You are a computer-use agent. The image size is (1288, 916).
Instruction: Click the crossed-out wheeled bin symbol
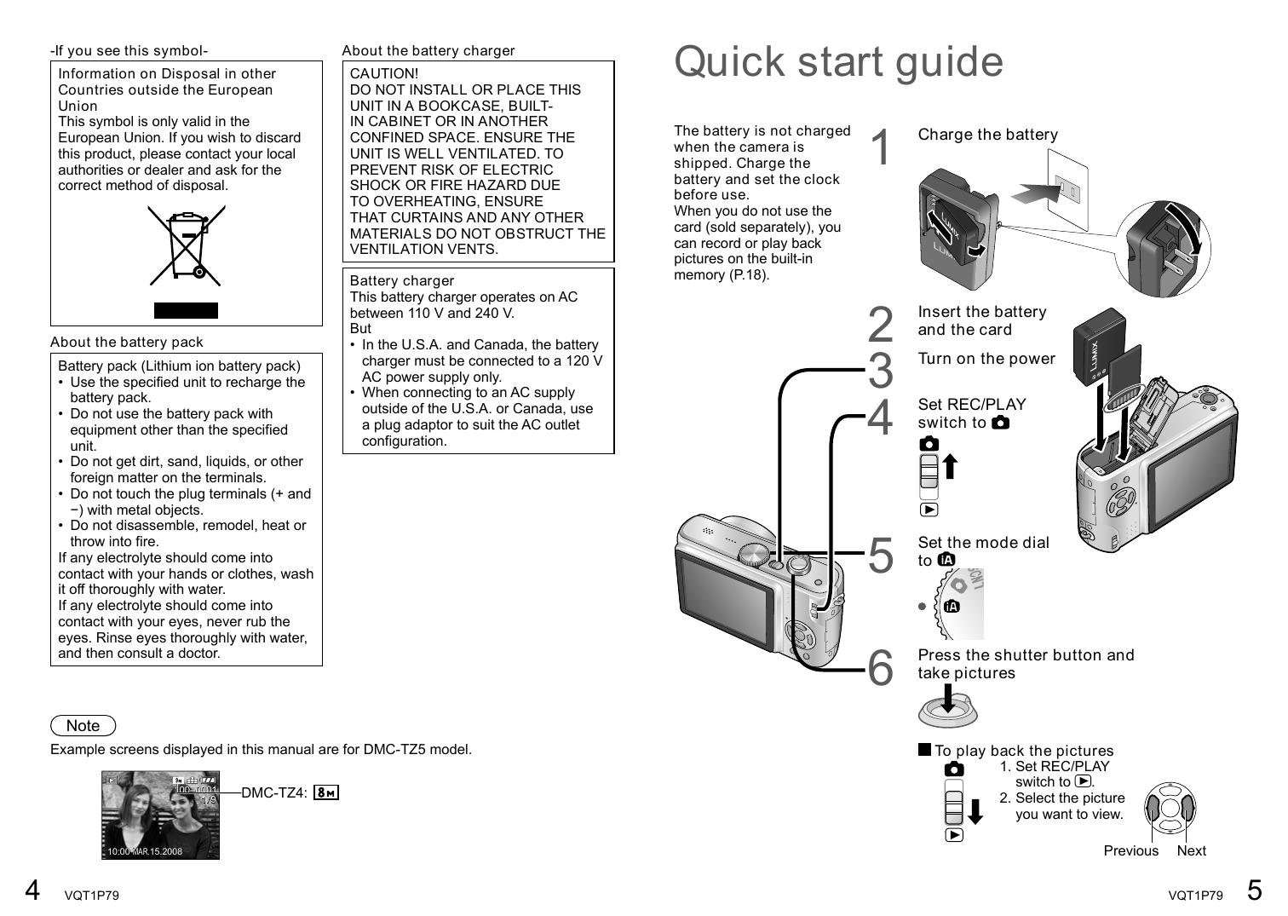tap(186, 247)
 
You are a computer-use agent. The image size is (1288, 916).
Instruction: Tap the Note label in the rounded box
tap(83, 726)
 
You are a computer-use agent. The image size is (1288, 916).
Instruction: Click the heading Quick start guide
tap(838, 61)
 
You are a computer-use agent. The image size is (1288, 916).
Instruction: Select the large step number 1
tap(881, 147)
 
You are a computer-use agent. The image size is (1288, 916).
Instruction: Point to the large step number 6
tap(881, 666)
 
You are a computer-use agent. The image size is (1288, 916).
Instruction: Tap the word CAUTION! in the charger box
tap(384, 74)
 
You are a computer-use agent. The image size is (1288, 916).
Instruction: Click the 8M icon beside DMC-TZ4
tap(326, 793)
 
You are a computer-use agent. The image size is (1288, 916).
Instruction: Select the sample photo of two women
tap(160, 815)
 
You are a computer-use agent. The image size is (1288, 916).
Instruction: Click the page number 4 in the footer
tap(32, 890)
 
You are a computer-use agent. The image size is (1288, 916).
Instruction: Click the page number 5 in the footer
tap(1254, 890)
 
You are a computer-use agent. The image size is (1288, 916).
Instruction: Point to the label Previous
tap(1130, 850)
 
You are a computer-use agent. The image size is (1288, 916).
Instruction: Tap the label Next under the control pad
tap(1191, 850)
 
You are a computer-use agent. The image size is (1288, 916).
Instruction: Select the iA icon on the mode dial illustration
tap(952, 607)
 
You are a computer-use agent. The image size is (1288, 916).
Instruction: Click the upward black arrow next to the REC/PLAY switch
tap(951, 467)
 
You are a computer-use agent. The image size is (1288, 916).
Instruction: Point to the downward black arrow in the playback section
tap(975, 810)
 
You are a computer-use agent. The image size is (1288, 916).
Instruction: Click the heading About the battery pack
tap(127, 343)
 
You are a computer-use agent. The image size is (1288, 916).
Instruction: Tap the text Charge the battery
tap(987, 135)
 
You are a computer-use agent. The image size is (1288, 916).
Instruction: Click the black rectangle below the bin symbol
tap(186, 310)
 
